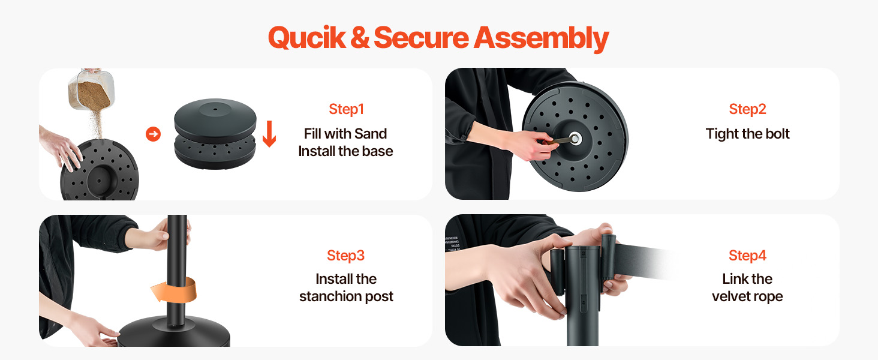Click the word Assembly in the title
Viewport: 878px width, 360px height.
pos(542,39)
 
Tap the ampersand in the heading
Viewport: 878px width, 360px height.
pos(360,38)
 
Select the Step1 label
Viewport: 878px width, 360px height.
pos(347,109)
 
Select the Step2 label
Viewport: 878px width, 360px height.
pos(747,109)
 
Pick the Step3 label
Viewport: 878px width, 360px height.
pos(345,256)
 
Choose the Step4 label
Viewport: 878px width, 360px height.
pos(747,256)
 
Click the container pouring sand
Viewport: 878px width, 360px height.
pos(91,89)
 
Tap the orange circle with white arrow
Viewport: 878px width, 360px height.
pos(154,134)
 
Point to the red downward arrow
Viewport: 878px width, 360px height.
pos(269,134)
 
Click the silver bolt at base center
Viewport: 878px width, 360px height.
pos(575,139)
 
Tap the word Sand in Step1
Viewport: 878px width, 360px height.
pos(371,134)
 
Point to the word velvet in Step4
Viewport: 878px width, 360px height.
pos(730,296)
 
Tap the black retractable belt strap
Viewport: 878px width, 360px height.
pos(643,262)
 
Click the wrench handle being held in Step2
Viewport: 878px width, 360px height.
pos(556,141)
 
